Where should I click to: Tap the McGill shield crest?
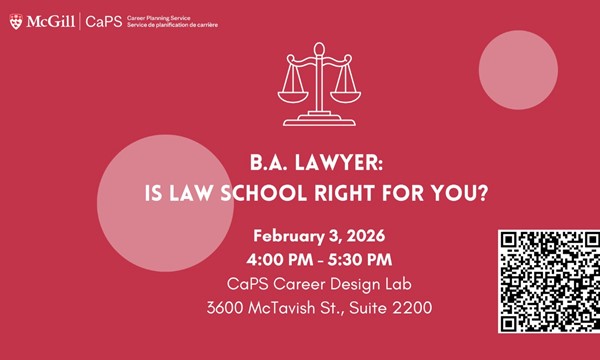point(14,19)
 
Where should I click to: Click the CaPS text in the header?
point(100,20)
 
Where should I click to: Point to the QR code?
point(548,281)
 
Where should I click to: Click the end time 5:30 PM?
point(366,260)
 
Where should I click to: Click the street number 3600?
point(228,307)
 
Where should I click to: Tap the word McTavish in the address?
point(292,307)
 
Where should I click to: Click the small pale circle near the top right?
point(517,67)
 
